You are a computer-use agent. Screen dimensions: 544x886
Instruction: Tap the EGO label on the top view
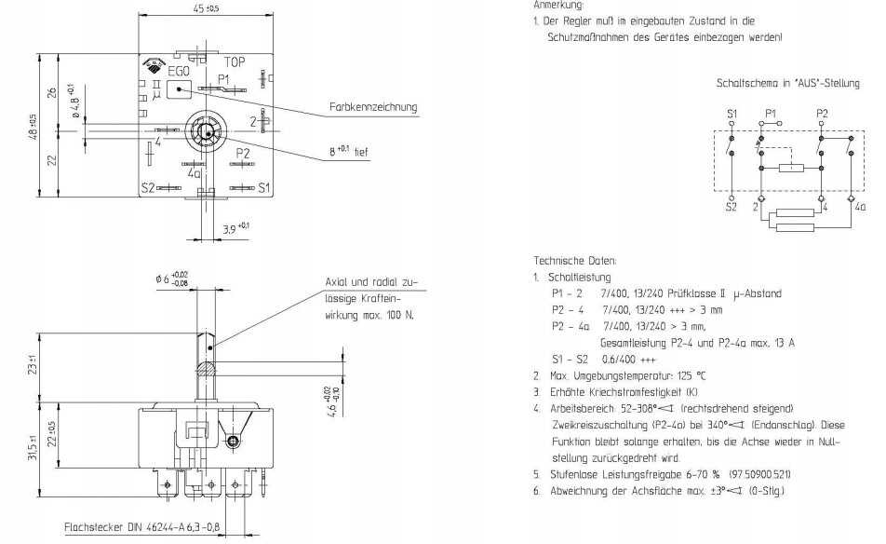point(180,71)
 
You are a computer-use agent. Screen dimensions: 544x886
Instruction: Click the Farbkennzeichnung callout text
point(373,108)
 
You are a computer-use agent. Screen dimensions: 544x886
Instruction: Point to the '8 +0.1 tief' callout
point(347,150)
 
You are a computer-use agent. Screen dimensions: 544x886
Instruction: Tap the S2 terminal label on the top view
point(148,187)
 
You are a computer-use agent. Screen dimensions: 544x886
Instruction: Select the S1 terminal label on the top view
point(263,187)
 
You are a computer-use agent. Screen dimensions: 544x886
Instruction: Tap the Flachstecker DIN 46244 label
point(140,527)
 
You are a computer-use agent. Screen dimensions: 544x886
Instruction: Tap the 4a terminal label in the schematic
point(859,207)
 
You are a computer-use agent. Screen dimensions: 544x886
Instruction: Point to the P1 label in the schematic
point(770,113)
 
